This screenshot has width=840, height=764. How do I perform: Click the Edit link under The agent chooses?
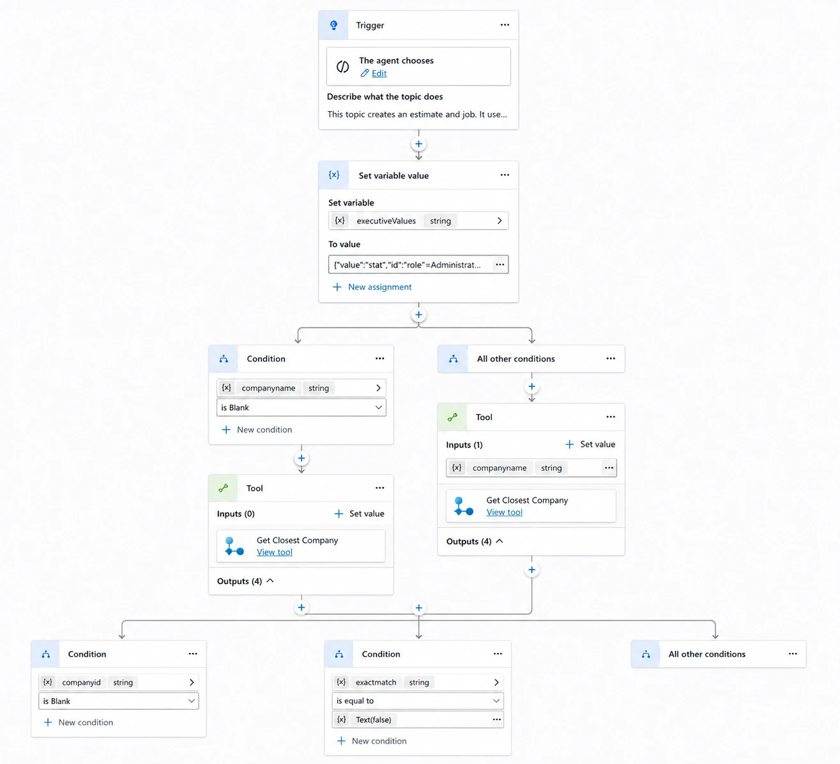coord(379,73)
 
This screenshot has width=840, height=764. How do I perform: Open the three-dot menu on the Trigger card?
coord(505,25)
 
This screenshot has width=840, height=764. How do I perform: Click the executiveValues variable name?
coord(386,221)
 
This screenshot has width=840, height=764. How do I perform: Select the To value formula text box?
coord(410,264)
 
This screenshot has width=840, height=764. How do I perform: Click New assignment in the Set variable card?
coord(380,287)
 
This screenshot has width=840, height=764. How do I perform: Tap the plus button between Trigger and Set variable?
coord(418,144)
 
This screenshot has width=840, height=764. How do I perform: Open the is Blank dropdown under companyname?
coord(301,407)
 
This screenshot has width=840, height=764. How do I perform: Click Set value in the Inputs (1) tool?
coord(597,444)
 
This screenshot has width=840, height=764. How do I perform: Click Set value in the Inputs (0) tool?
coord(367,513)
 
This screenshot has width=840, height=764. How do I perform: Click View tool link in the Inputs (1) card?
coord(504,512)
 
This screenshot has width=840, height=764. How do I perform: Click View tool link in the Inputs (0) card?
coord(274,552)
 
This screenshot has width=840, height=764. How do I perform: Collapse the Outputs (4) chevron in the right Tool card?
coord(499,541)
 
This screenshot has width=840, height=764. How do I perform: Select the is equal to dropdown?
coord(418,701)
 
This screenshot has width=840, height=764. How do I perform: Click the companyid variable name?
coord(81,682)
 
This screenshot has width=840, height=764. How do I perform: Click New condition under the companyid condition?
coord(86,722)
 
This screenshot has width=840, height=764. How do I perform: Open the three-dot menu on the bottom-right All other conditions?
coord(793,654)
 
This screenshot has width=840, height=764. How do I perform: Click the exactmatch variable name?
coord(376,682)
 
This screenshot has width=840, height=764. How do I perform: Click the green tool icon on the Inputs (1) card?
coord(452,417)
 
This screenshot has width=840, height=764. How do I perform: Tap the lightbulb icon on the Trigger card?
coord(333,26)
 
